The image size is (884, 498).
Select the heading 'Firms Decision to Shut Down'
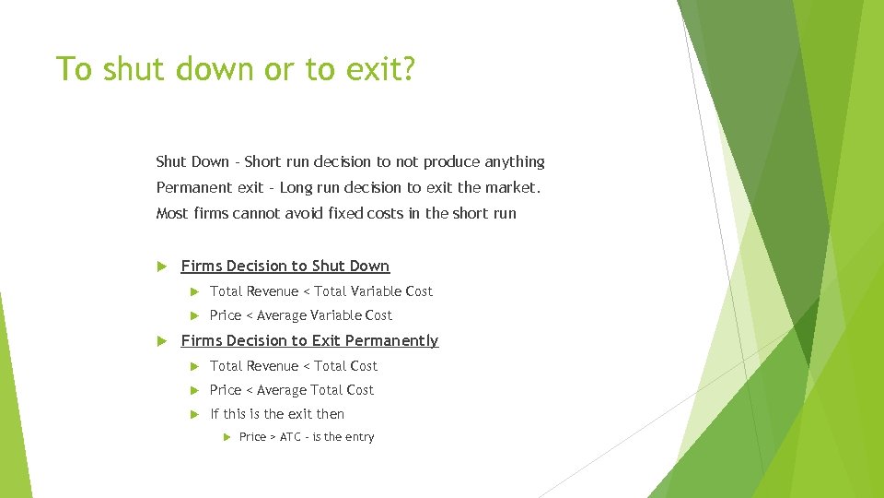[x=285, y=267]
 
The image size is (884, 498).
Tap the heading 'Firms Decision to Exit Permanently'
[x=309, y=341]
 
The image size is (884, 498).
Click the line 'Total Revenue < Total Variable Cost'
[x=321, y=291]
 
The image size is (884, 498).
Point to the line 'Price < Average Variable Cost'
[x=301, y=315]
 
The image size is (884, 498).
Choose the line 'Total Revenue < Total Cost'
[x=294, y=366]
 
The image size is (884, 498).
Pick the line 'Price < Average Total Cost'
[x=292, y=390]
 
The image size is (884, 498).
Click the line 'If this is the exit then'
[x=277, y=414]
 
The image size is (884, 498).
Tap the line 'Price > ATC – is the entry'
[x=307, y=437]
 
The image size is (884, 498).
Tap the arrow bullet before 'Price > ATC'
[x=225, y=437]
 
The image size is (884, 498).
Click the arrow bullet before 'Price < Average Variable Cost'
[x=193, y=315]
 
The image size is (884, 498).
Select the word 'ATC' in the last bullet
[x=290, y=437]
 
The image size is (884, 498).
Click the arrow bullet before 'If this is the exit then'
[x=193, y=414]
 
